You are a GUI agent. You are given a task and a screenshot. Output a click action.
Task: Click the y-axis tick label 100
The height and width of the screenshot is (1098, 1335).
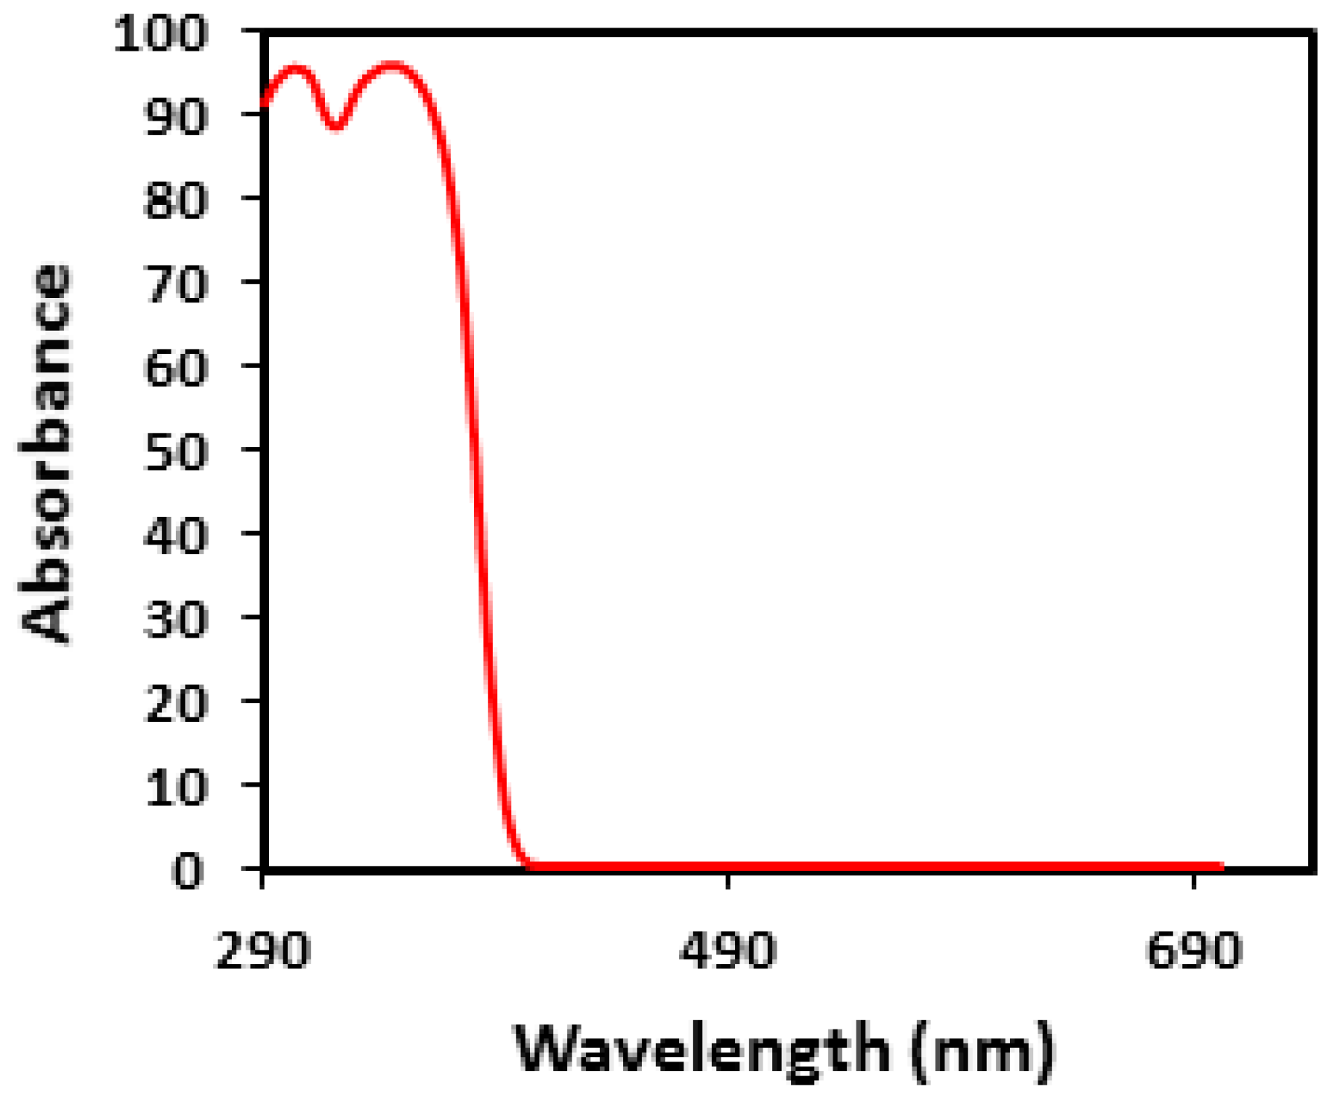coord(160,34)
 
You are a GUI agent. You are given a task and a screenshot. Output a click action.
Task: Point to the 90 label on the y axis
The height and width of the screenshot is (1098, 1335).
coord(174,118)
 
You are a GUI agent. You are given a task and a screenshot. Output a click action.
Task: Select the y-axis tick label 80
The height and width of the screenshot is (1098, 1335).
coord(174,201)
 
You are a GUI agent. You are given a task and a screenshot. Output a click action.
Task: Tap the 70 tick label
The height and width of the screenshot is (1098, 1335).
coord(174,285)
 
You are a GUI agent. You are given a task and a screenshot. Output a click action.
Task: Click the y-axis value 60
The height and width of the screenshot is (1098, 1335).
coord(174,369)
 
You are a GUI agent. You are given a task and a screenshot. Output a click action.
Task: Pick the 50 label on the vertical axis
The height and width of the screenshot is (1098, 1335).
coord(174,453)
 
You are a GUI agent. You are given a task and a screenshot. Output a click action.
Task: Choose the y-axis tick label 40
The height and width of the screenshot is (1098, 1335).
coord(174,536)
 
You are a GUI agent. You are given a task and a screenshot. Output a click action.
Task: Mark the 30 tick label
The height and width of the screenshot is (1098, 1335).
coord(174,621)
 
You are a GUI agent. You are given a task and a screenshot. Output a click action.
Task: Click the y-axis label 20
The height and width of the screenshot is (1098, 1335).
coord(174,704)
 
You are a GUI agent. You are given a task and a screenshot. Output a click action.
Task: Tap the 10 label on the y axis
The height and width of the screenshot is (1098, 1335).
coord(174,788)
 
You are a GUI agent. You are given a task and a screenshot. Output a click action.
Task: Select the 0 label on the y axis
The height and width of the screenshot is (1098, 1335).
coord(187,872)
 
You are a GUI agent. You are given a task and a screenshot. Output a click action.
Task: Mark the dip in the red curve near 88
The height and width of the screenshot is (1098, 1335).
coord(336,126)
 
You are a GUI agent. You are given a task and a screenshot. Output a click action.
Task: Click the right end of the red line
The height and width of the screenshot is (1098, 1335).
coord(1221,866)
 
